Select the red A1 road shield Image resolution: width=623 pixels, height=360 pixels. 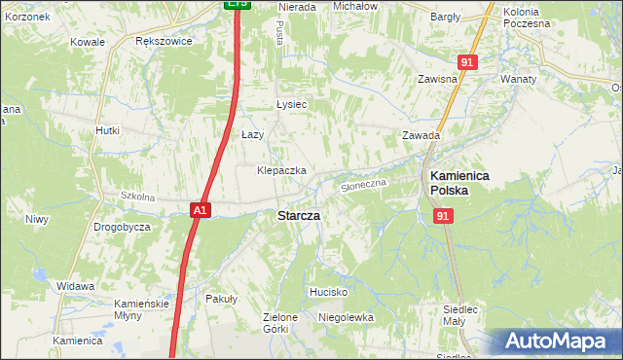click(199, 208)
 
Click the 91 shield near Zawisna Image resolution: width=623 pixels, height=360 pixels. click(468, 62)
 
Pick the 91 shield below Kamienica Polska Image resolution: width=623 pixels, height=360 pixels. click(442, 217)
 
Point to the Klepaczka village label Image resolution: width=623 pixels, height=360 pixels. click(281, 170)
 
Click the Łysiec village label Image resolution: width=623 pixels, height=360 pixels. click(291, 105)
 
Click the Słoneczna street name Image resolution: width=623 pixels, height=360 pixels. click(364, 183)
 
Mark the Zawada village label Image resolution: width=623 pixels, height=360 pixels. click(421, 136)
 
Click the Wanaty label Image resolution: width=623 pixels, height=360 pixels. click(519, 78)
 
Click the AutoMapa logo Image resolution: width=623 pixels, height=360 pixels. click(554, 342)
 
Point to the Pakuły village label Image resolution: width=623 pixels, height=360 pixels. click(221, 300)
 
